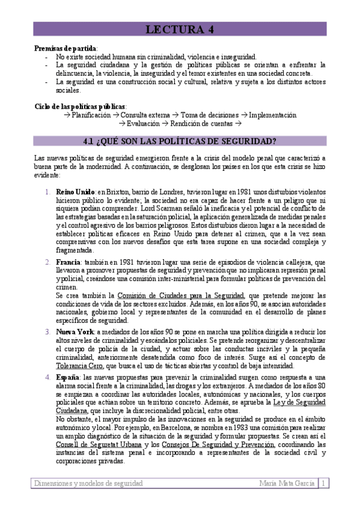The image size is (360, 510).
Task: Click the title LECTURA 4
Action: pyautogui.click(x=180, y=29)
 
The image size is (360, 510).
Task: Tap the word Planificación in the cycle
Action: pyautogui.click(x=91, y=114)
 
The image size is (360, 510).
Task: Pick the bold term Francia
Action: pyautogui.click(x=70, y=263)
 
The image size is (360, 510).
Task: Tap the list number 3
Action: pyautogui.click(x=47, y=331)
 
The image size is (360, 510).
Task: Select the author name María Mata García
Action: pyautogui.click(x=287, y=483)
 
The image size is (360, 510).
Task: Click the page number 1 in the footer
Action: pyautogui.click(x=323, y=483)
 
